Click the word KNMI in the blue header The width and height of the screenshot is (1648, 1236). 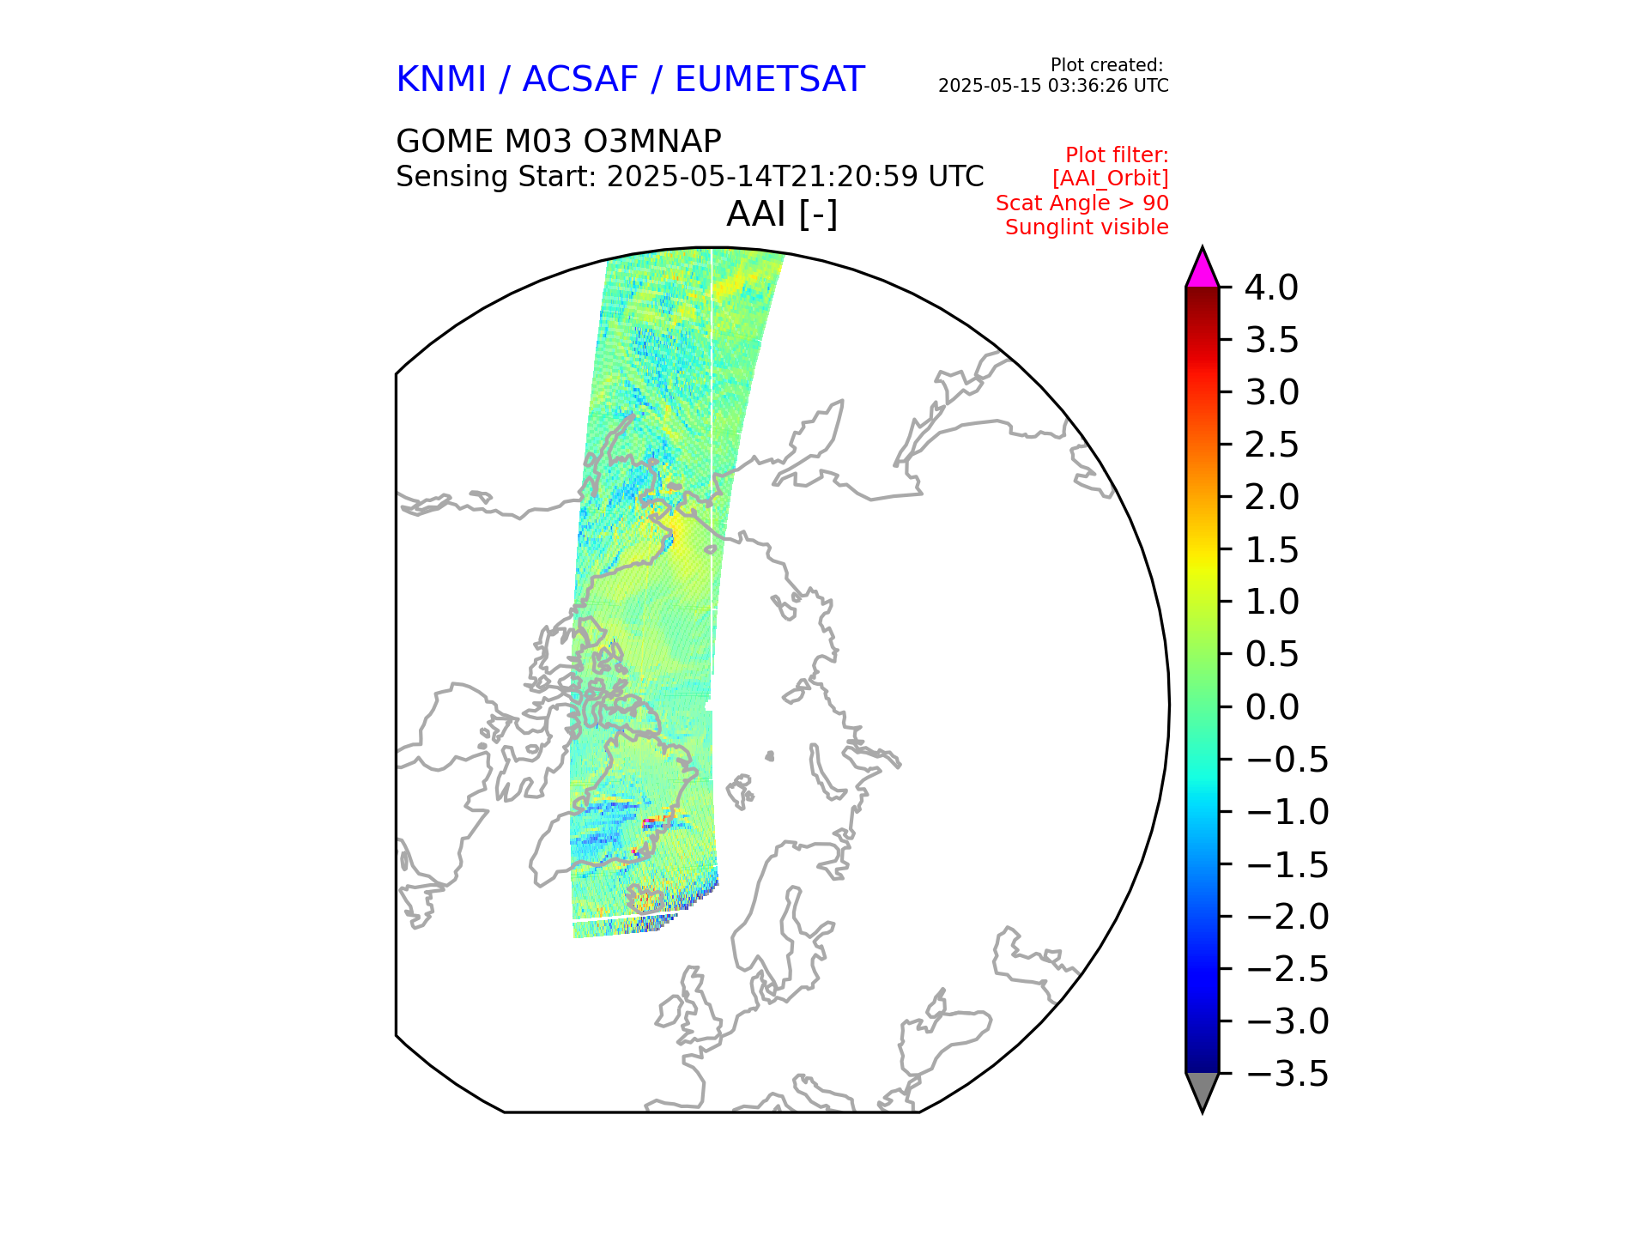441,80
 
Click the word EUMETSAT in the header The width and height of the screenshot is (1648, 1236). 769,80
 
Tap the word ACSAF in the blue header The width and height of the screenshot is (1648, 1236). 580,80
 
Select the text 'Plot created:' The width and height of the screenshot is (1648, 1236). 1106,65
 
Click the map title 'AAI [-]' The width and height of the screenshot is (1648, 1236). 782,214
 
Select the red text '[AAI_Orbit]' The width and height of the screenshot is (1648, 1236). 1110,179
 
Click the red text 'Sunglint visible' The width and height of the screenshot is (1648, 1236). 1087,227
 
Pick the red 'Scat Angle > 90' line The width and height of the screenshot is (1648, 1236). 1081,203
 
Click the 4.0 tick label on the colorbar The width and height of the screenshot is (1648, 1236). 1271,288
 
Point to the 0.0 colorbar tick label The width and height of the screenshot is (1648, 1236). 1271,707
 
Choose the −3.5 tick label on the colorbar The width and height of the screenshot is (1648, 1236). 1287,1074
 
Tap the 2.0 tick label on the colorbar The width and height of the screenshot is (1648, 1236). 1271,497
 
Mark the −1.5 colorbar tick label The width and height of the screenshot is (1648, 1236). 1287,864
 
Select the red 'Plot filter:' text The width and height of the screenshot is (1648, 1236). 1117,155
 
